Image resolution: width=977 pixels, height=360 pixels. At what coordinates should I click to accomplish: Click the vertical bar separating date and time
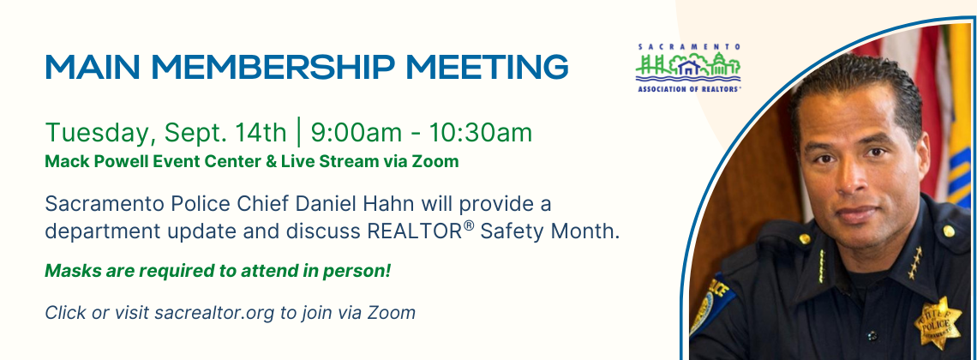pos(299,134)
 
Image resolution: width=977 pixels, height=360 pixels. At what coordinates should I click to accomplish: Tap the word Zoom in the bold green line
pos(436,162)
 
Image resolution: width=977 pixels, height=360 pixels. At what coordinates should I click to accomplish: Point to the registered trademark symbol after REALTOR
pos(469,227)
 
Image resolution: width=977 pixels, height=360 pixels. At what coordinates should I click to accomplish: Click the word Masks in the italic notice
pos(68,272)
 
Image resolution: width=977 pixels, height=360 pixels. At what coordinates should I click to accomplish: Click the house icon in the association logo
pos(688,67)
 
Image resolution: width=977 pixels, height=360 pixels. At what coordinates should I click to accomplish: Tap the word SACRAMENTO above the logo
pos(689,46)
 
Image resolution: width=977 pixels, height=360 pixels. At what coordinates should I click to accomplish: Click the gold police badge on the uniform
pos(937,322)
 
